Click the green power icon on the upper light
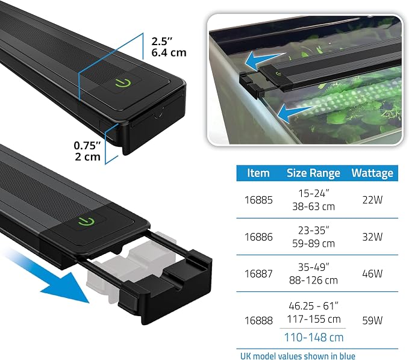(123, 83)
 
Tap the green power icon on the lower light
(86, 222)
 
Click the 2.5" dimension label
(162, 42)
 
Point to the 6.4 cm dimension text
(169, 52)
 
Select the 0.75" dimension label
(87, 146)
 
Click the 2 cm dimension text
(88, 157)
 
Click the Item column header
(258, 173)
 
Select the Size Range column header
(314, 173)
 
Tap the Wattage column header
(372, 173)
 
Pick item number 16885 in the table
(258, 200)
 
